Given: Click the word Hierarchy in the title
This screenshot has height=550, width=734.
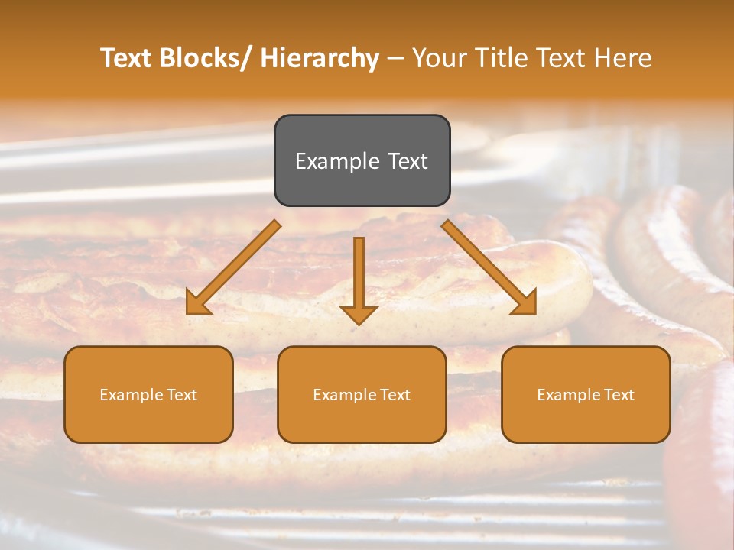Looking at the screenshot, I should [320, 58].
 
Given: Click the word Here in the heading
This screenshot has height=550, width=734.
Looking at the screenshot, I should [623, 58].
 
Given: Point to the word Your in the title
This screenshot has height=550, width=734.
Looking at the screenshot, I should [437, 58].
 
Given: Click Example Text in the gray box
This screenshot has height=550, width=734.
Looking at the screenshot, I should [362, 161].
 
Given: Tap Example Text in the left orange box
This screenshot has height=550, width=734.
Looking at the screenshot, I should [148, 395].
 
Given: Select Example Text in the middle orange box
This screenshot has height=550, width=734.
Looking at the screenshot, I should [362, 395].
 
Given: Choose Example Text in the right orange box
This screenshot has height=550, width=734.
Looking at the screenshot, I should [586, 395].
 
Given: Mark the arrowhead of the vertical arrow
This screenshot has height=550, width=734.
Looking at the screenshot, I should [359, 314].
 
